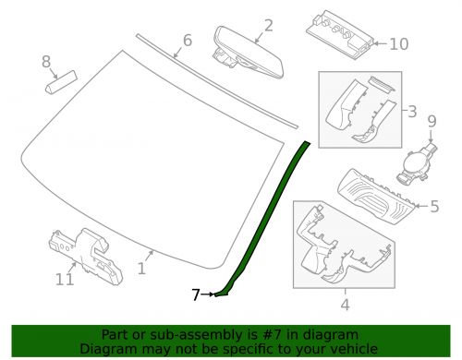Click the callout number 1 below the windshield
point(141,269)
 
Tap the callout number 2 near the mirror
point(269,26)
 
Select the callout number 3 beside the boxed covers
point(412,112)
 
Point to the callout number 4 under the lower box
point(346,305)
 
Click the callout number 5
point(434,206)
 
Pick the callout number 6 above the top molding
point(188,41)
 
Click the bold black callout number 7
point(196,294)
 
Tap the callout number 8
point(46,62)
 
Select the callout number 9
point(432,121)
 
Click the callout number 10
point(399,44)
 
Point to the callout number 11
point(65,280)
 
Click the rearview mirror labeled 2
point(249,53)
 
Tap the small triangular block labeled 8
point(61,82)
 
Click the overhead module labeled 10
point(340,34)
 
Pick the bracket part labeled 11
point(86,257)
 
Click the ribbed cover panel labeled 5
point(378,197)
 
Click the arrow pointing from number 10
point(380,44)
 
